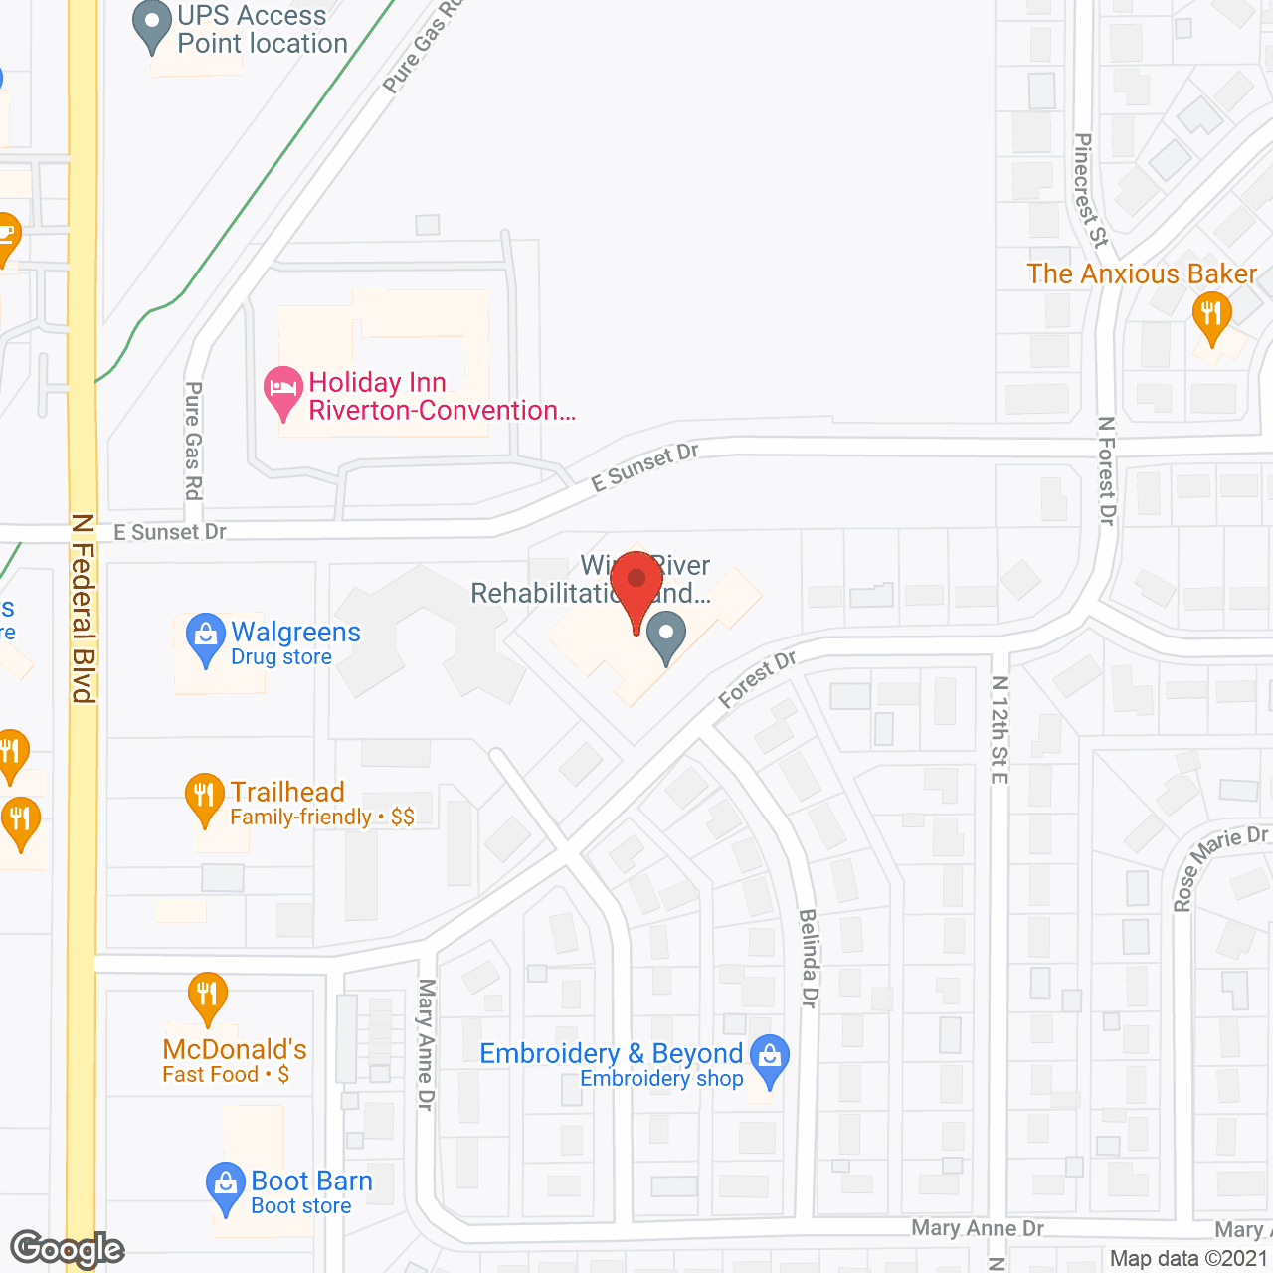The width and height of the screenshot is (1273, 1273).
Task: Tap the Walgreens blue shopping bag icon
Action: [x=206, y=636]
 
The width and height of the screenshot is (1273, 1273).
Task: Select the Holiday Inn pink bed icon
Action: [x=283, y=392]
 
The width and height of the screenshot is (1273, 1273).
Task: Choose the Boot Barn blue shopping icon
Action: [x=226, y=1186]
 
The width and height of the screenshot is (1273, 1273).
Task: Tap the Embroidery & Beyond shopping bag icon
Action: [x=770, y=1058]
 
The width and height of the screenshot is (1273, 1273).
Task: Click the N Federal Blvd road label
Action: [x=84, y=608]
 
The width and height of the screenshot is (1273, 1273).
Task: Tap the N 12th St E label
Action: [x=1000, y=729]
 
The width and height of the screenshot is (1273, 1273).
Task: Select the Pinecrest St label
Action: [x=1089, y=190]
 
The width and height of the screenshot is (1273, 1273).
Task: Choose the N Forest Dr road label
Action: [x=1107, y=470]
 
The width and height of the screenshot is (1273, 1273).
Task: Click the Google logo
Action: [x=68, y=1248]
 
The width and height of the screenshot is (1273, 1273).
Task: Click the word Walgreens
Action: [x=295, y=633]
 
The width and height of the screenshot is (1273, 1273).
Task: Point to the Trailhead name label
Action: [x=287, y=792]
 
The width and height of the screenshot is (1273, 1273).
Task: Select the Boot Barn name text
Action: [x=311, y=1181]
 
